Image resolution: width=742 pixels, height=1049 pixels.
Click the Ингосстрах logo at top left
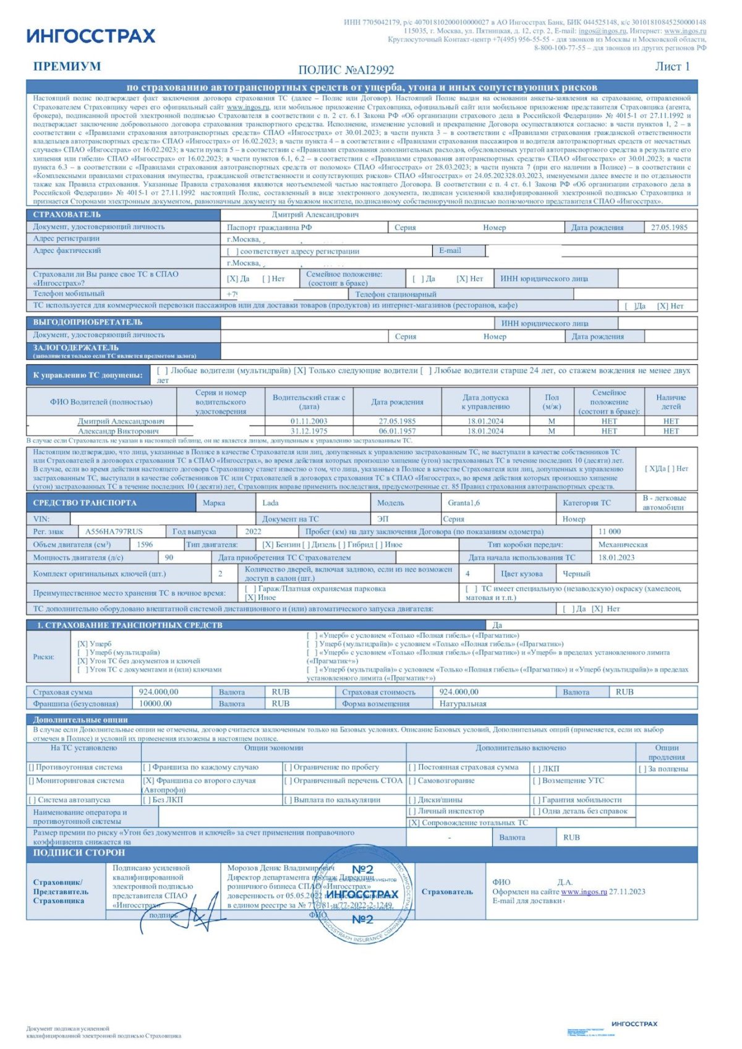tap(91, 36)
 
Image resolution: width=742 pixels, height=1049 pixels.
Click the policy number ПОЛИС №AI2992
tap(346, 70)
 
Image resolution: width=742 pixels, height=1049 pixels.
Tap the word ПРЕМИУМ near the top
tap(67, 67)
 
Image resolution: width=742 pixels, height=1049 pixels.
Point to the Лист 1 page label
tap(672, 67)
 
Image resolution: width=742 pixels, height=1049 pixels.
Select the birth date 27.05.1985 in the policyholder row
tap(669, 228)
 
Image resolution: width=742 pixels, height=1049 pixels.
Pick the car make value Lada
tap(270, 503)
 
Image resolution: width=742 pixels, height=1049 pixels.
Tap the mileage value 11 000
tap(610, 531)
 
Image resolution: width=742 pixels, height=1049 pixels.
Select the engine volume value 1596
tap(145, 545)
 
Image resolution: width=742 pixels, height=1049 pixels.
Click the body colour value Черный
tap(576, 573)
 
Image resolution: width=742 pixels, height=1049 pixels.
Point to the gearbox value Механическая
tap(623, 545)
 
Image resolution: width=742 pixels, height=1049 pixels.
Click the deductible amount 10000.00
tap(155, 704)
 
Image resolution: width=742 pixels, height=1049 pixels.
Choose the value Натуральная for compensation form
tap(463, 704)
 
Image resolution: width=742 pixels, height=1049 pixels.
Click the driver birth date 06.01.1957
tap(397, 431)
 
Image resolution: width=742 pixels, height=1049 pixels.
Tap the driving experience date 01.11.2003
tap(309, 421)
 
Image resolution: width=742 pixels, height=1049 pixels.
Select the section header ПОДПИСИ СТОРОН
tap(79, 852)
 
